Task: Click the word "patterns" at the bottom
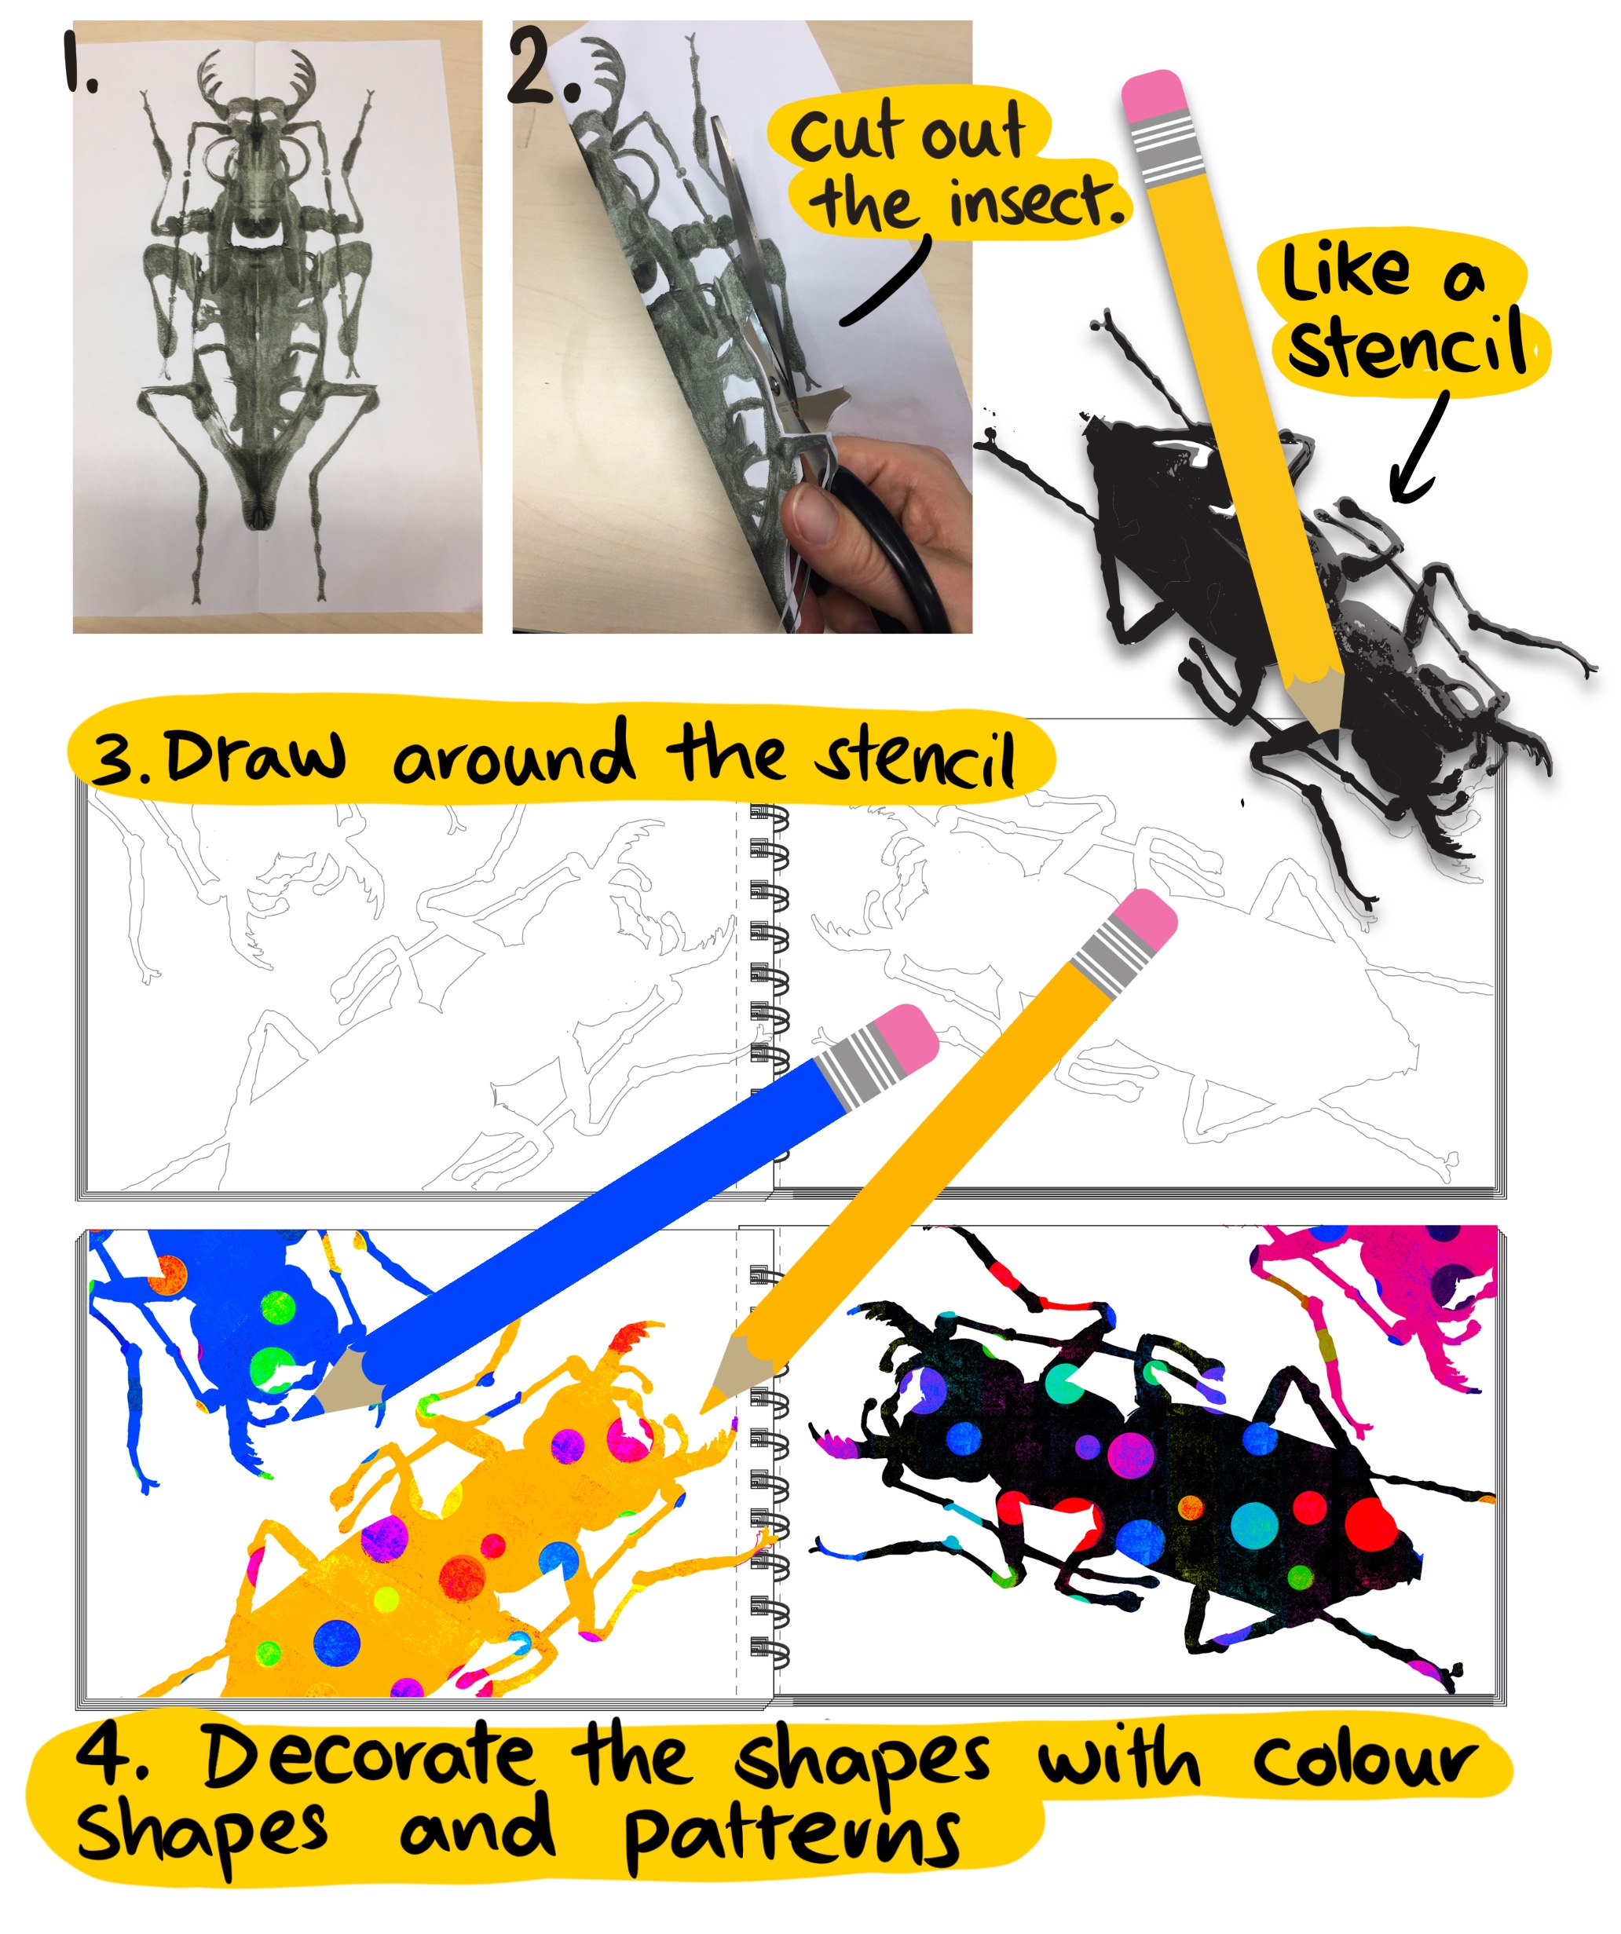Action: (792, 1842)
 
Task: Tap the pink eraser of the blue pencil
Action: (905, 1039)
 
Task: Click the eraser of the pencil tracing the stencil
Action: (1153, 96)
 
